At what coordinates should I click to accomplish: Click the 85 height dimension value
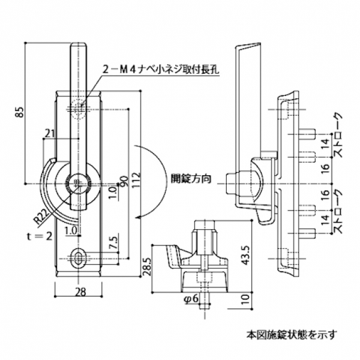click(20, 111)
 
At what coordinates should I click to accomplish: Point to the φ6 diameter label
click(191, 298)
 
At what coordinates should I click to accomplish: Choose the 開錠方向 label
click(190, 179)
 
